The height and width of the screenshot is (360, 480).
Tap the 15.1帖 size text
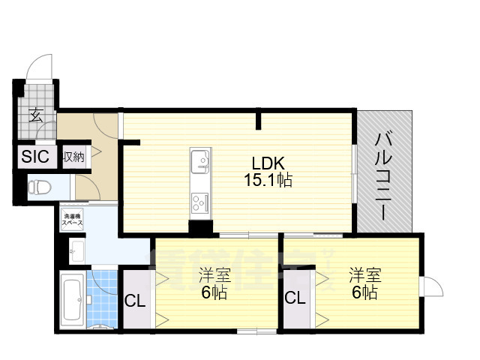(267, 180)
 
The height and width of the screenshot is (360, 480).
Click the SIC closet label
(34, 157)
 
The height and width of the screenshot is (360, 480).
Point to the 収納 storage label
(73, 157)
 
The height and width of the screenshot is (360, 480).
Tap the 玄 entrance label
(36, 115)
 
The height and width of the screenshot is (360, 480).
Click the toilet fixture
(39, 186)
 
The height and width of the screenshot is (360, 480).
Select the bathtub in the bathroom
(72, 301)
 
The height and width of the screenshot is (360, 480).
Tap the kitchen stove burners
(200, 202)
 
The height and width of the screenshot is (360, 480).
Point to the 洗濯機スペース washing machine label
(72, 220)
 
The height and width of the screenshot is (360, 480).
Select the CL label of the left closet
(135, 302)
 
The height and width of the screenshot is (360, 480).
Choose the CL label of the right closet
(295, 298)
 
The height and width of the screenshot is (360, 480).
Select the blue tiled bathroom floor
(102, 296)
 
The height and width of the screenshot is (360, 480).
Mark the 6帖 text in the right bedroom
(364, 292)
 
